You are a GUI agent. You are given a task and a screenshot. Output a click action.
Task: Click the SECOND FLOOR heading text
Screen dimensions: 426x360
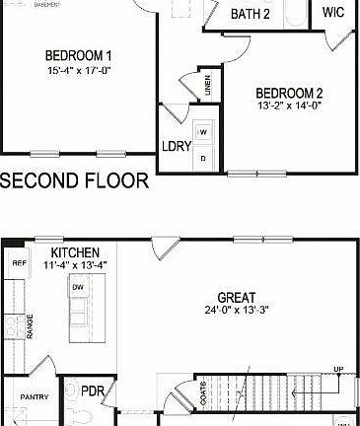(75, 181)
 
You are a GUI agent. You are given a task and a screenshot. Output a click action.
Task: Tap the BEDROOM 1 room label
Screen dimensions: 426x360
(80, 54)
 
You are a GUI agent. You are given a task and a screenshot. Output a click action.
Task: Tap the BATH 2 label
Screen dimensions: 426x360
(251, 14)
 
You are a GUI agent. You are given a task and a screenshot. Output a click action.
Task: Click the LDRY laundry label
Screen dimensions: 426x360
(177, 147)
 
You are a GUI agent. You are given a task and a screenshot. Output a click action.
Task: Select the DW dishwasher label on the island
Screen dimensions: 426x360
(77, 287)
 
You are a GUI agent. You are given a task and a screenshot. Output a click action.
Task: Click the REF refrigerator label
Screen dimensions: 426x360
(18, 263)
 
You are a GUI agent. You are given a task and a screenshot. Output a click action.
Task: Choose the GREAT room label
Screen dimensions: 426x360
(237, 297)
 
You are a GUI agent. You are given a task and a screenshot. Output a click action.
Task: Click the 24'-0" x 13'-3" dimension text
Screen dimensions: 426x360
(237, 311)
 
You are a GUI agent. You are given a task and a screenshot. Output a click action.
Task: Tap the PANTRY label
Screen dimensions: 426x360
(28, 398)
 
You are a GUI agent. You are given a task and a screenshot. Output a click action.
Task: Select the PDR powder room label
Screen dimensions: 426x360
(93, 390)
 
